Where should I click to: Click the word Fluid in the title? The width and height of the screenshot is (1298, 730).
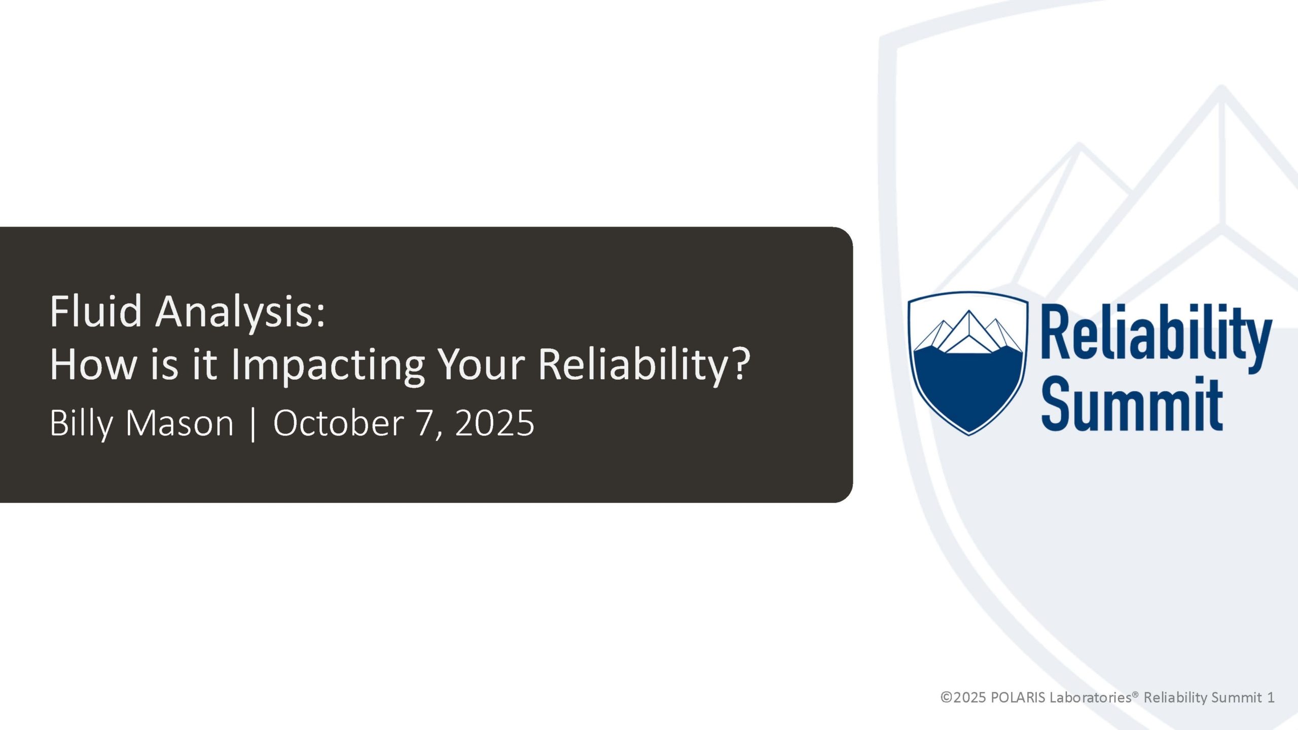point(96,311)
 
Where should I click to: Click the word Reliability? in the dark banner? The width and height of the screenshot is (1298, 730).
point(643,366)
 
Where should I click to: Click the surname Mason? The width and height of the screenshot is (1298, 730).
point(179,423)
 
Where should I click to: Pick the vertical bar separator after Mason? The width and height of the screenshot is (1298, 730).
point(253,425)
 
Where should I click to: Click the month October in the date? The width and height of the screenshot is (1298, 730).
point(338,423)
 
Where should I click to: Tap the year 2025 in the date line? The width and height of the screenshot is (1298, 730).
point(495,423)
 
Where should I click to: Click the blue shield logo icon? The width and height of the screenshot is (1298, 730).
point(968,363)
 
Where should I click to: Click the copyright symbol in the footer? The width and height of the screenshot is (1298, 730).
point(946,698)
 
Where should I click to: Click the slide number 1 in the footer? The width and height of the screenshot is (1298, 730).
point(1271,698)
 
